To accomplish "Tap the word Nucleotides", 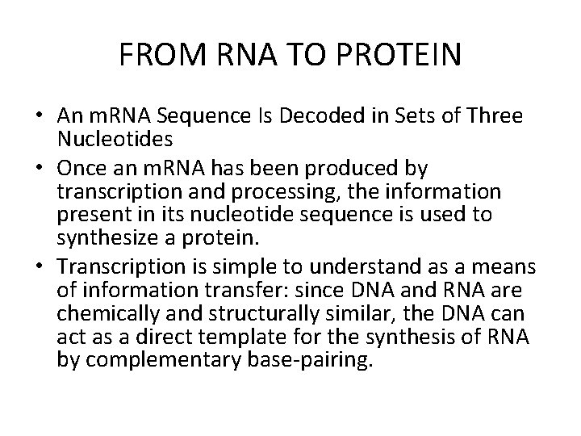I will [x=115, y=140].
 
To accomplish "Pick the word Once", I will [x=83, y=170].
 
